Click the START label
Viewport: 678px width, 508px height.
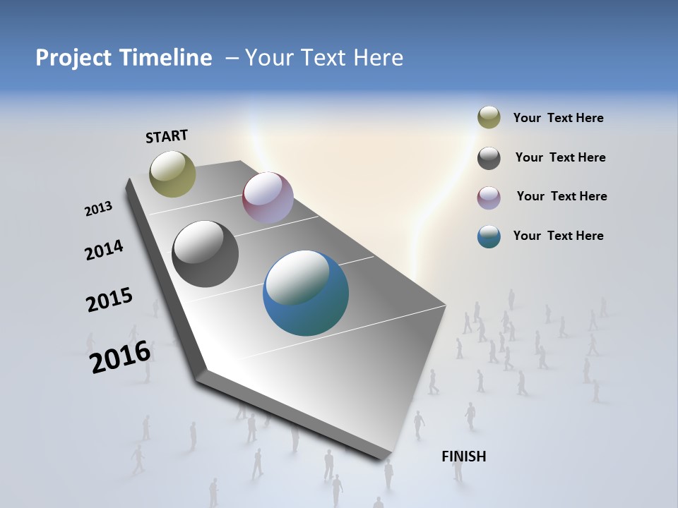point(167,136)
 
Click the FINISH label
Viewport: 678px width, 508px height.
point(464,456)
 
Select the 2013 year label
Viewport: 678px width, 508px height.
point(99,209)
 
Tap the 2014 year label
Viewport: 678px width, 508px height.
point(105,250)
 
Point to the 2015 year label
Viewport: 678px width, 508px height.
point(109,300)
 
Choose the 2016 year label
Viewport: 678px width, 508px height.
point(121,356)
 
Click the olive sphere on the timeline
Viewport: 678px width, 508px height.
point(173,174)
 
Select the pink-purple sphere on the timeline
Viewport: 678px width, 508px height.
point(268,198)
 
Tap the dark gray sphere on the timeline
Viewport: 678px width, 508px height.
point(205,254)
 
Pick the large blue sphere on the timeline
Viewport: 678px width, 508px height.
point(306,293)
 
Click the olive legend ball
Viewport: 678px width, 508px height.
point(489,117)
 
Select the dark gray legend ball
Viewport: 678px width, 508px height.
point(489,158)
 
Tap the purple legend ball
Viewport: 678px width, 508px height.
point(489,198)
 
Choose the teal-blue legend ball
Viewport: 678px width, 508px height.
point(489,236)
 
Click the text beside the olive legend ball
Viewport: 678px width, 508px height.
point(558,118)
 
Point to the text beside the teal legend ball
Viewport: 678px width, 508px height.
point(558,236)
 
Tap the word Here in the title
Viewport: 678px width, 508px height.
point(379,58)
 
